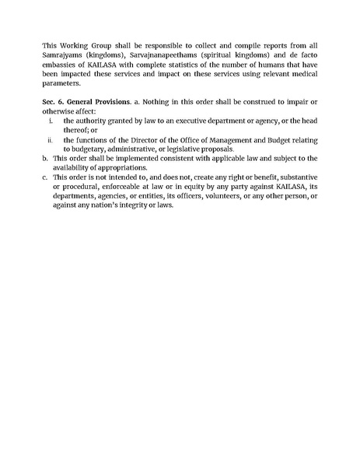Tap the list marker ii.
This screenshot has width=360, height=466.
(49, 140)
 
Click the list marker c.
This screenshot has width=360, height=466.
(45, 177)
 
